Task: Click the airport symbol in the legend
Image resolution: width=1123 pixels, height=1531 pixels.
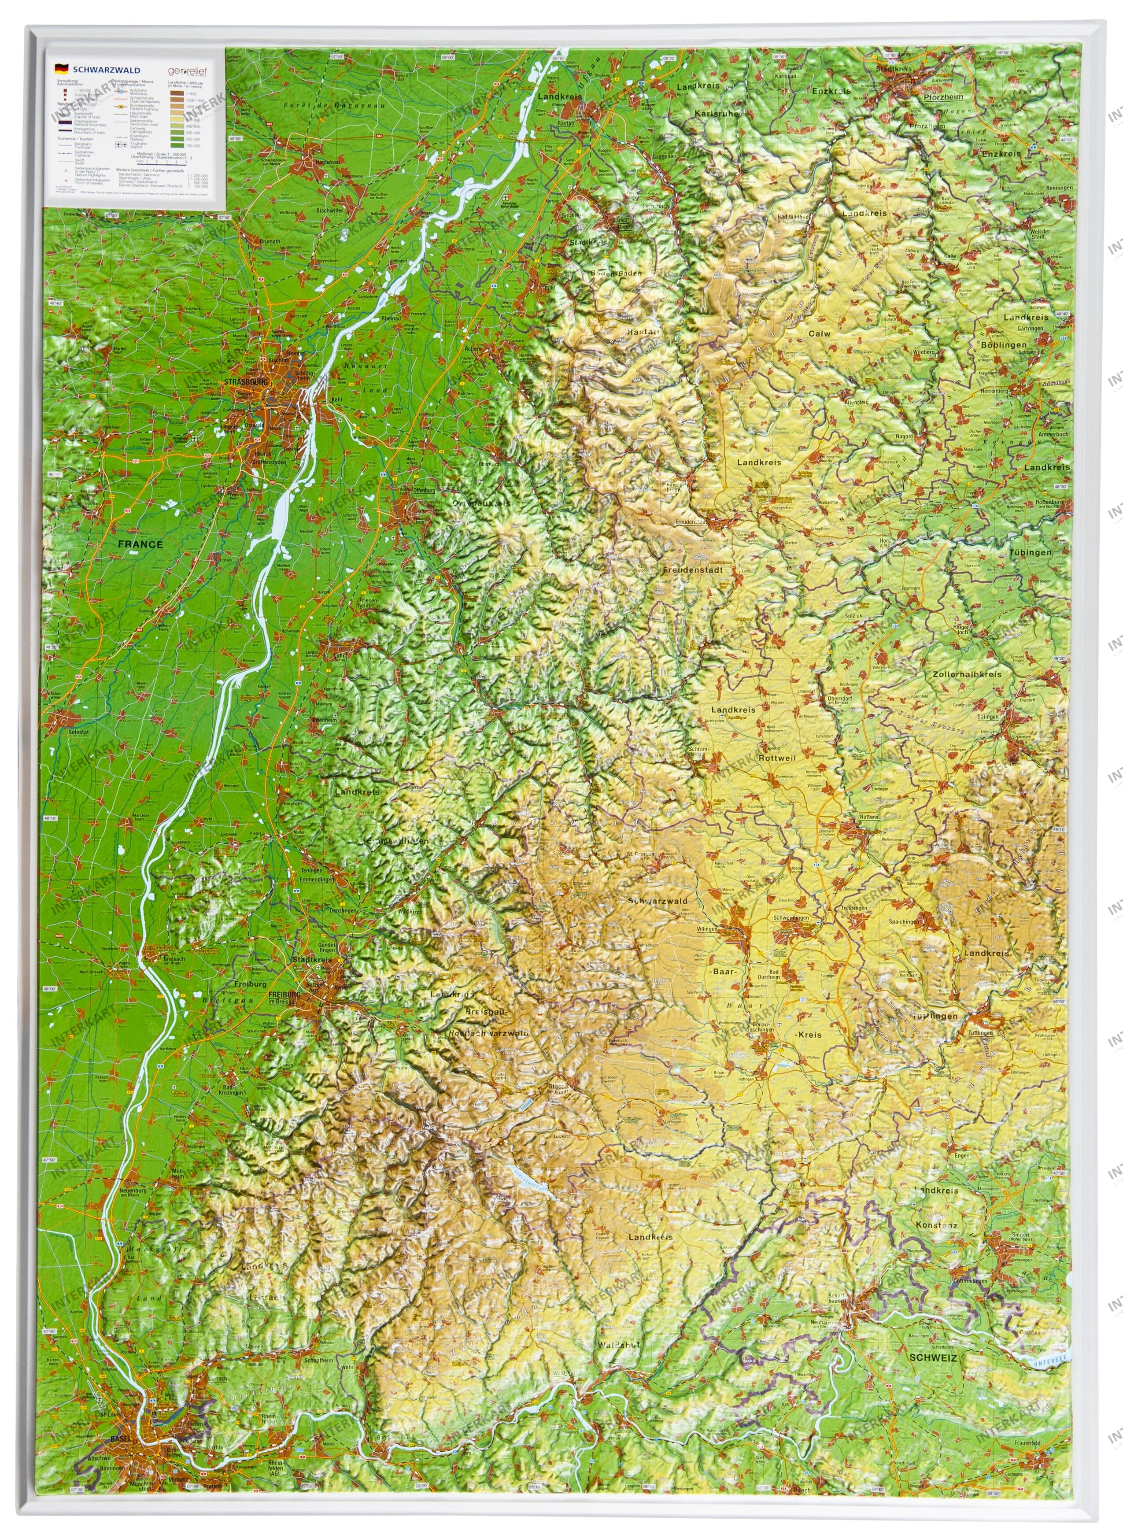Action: (121, 145)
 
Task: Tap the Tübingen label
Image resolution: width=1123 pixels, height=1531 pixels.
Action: (1030, 552)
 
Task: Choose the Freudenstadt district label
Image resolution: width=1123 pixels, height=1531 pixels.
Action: (692, 570)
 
